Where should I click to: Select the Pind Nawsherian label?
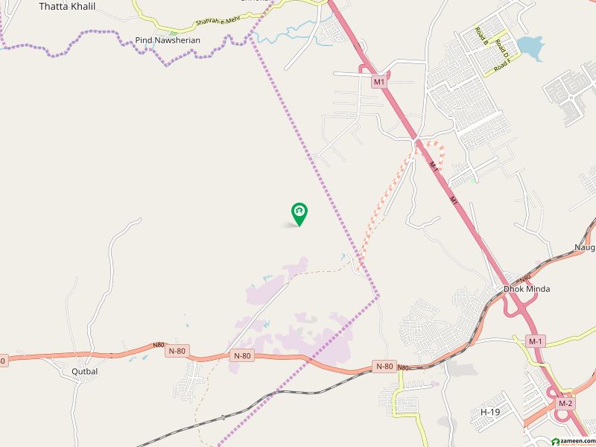(162, 40)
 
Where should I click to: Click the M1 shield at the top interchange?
(379, 81)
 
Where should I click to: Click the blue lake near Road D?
(530, 48)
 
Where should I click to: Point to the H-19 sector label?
(489, 412)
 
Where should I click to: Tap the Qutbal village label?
(85, 371)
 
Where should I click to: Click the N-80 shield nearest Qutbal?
(177, 351)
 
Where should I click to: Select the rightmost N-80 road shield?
(384, 366)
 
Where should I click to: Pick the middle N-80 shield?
(241, 356)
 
